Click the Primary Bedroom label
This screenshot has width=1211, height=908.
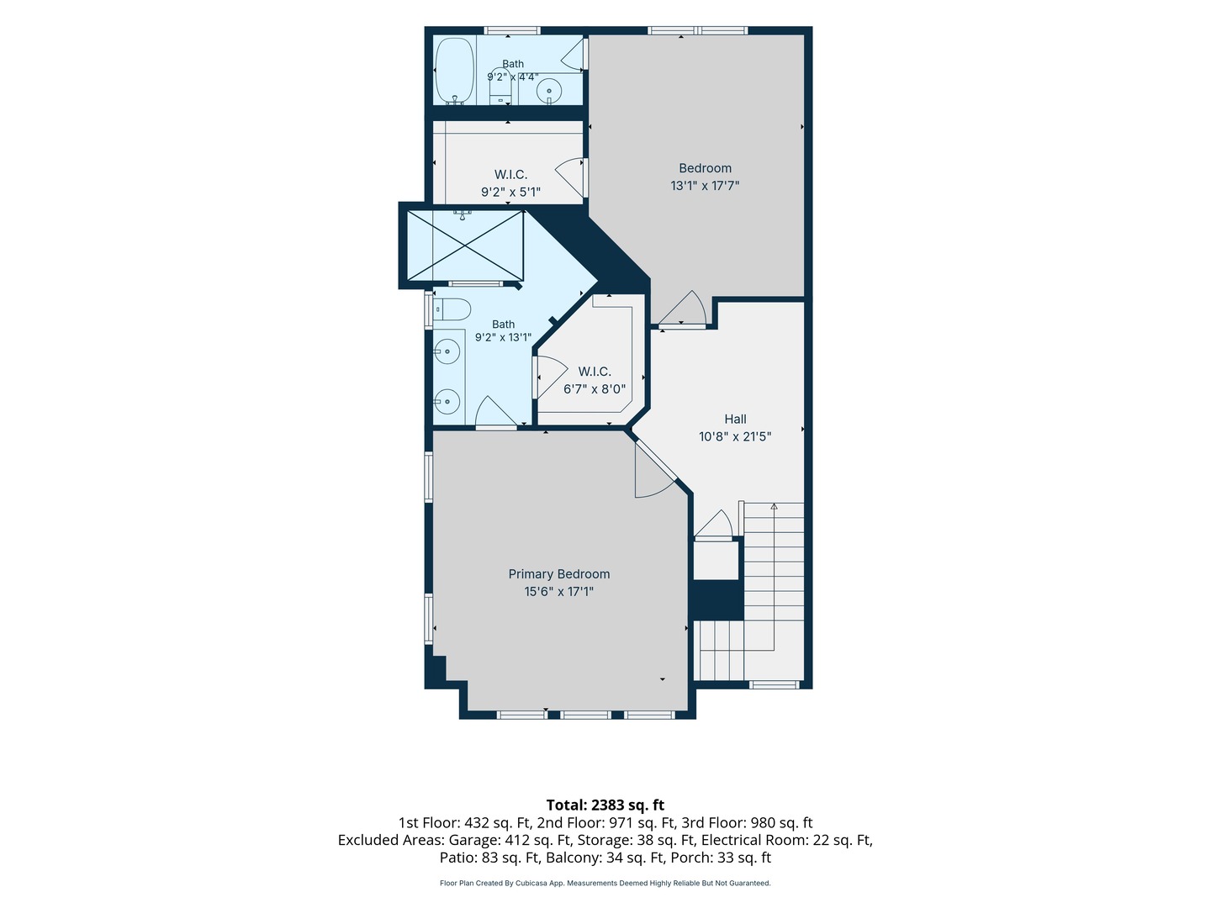point(559,574)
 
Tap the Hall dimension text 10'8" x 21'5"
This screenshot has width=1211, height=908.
point(735,436)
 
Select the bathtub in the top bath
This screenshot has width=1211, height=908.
point(455,71)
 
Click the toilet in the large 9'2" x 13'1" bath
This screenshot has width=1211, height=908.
point(452,309)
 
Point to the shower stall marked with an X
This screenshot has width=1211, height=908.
point(465,245)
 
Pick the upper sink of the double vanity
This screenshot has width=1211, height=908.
point(447,351)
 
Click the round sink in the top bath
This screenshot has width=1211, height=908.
point(549,90)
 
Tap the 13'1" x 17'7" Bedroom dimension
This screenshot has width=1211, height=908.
point(705,186)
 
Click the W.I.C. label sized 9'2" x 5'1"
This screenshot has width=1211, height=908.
point(510,175)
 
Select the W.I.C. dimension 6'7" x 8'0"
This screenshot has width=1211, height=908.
point(595,389)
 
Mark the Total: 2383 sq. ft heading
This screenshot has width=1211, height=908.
point(605,805)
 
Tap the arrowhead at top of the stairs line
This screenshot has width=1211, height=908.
point(774,506)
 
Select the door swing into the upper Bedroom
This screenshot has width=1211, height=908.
point(682,308)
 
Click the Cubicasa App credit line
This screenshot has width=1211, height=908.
point(605,883)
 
